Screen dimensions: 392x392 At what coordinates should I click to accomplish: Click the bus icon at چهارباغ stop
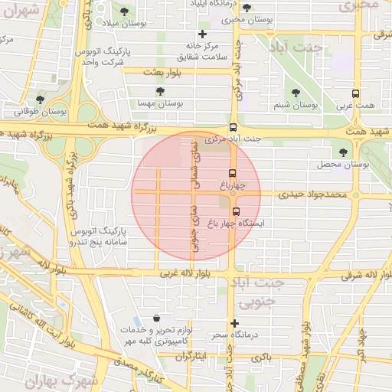click(234, 173)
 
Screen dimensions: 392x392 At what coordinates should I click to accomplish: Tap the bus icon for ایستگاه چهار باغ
click(235, 211)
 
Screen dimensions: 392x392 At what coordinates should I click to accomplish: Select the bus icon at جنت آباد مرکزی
click(234, 128)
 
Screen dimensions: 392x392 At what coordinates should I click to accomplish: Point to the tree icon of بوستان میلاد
click(125, 11)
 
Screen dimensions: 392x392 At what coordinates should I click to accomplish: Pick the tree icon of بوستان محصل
click(341, 153)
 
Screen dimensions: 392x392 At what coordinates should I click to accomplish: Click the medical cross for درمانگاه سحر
click(235, 323)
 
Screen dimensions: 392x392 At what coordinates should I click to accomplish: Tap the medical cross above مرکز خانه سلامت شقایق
click(202, 34)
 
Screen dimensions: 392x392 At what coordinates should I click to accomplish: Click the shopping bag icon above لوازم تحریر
click(157, 318)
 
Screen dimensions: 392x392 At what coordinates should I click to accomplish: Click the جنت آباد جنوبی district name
click(283, 291)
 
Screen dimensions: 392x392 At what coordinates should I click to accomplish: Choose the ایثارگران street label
click(191, 357)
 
